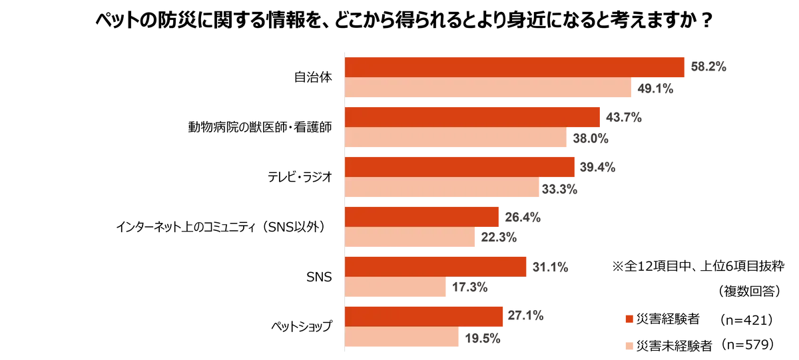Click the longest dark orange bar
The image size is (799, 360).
(x=515, y=67)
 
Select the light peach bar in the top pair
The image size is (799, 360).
(x=489, y=89)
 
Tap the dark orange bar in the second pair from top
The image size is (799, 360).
(x=473, y=116)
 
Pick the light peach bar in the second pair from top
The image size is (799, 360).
(x=457, y=139)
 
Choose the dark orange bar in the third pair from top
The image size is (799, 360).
(x=460, y=166)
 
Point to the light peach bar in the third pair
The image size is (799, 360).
(x=444, y=189)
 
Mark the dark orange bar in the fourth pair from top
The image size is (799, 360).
(x=422, y=216)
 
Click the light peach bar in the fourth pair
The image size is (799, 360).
(x=412, y=238)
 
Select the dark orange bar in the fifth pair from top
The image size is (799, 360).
(x=437, y=266)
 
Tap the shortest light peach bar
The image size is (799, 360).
(x=396, y=288)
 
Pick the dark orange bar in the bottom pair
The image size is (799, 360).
(x=425, y=315)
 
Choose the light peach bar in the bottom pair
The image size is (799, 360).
(x=404, y=338)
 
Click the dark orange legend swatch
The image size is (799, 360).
(x=628, y=319)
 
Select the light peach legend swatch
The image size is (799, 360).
(x=628, y=346)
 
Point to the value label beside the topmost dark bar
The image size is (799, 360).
(x=708, y=67)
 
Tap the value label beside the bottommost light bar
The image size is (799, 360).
(x=485, y=339)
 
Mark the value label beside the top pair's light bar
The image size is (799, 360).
(x=656, y=89)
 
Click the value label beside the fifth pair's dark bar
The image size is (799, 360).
(x=550, y=266)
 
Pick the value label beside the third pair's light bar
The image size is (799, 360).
(x=561, y=190)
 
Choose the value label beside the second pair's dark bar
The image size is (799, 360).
(x=623, y=117)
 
